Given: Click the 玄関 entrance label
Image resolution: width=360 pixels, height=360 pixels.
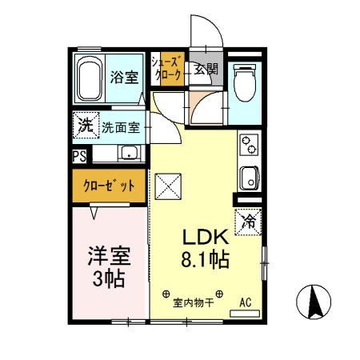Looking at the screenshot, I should pyautogui.click(x=205, y=70).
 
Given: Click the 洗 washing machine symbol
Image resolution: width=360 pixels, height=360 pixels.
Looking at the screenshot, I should pyautogui.click(x=84, y=126).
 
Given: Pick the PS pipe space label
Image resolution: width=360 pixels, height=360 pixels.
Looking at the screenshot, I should pyautogui.click(x=79, y=156).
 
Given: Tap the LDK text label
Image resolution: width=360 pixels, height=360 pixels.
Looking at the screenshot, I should pyautogui.click(x=208, y=238).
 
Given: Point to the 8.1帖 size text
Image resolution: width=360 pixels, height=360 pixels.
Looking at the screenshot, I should pyautogui.click(x=209, y=261).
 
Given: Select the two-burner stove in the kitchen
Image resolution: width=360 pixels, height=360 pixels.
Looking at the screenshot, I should pyautogui.click(x=247, y=147).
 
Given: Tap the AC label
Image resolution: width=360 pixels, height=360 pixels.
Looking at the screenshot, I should pyautogui.click(x=247, y=303).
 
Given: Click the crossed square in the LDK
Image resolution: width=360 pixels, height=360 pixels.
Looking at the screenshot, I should pyautogui.click(x=170, y=189).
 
